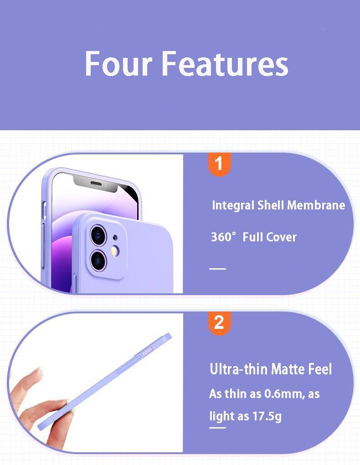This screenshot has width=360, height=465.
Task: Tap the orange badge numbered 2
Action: (219, 322)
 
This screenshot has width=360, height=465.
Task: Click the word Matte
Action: (287, 369)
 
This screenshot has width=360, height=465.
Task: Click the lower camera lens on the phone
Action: (98, 260)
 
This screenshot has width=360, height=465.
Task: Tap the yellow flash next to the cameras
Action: (115, 250)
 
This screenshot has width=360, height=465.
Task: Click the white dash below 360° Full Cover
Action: (217, 269)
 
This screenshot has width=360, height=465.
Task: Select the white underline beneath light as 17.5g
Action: (217, 428)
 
